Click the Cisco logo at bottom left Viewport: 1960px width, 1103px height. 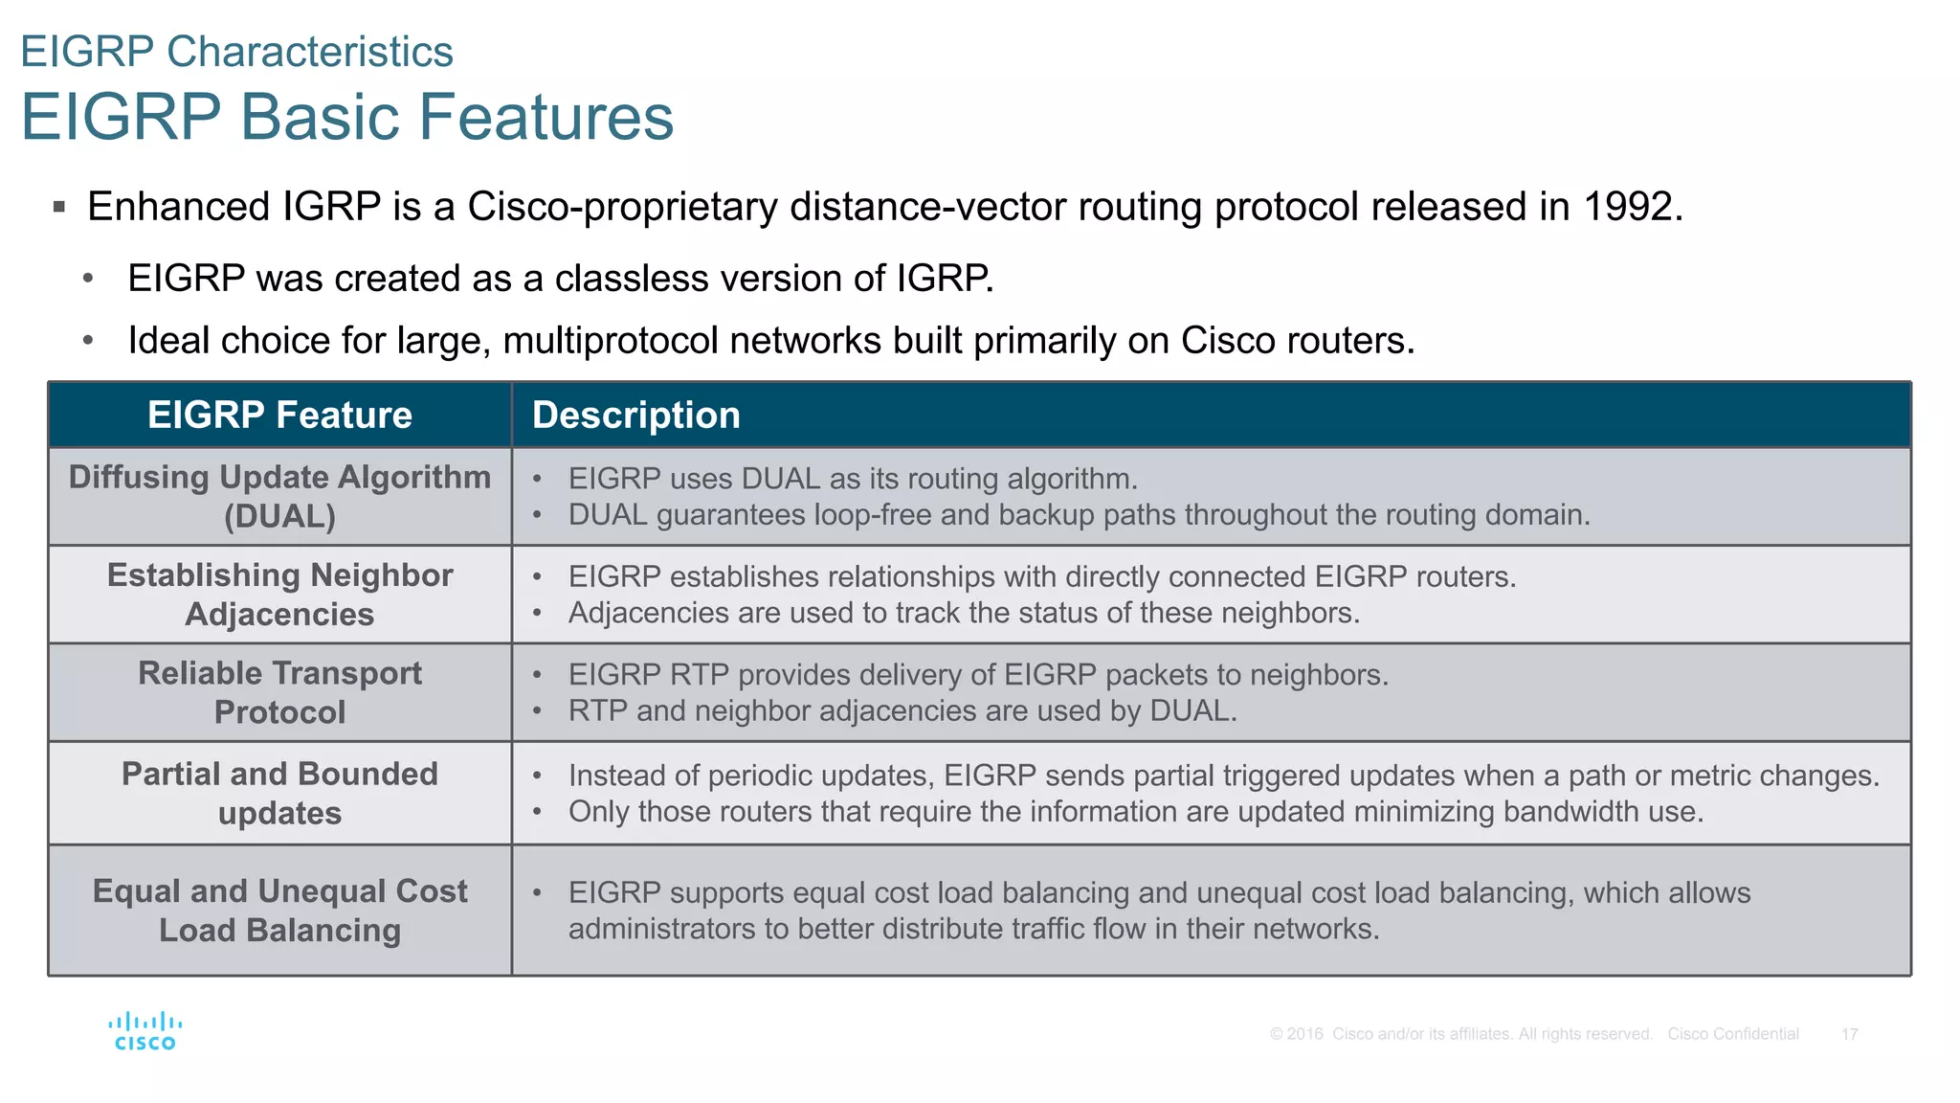145,1031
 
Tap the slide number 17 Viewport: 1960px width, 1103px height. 1849,1034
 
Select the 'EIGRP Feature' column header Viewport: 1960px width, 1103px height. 279,415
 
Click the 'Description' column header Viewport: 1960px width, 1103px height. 635,415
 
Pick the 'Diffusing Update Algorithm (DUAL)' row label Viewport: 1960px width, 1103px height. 279,496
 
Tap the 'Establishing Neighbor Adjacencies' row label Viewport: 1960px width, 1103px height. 279,594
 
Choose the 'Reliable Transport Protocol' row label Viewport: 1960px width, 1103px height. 279,692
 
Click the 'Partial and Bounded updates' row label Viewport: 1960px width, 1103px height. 279,793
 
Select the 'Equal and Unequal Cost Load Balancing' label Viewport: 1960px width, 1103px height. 279,910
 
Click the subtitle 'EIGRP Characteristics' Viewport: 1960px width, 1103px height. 236,52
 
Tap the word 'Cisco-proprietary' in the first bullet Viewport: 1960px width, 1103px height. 622,207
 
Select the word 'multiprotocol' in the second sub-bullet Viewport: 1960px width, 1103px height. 611,341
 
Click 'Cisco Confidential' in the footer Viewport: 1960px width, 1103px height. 1733,1034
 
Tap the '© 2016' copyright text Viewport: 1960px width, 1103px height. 1297,1034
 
